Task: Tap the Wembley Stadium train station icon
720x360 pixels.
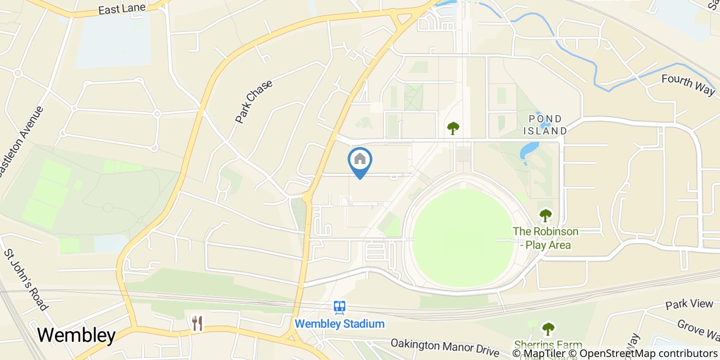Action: [x=339, y=308]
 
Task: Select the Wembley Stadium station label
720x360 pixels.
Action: [x=339, y=324]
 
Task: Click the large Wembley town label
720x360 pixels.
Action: [x=76, y=335]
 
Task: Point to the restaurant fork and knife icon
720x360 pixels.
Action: [x=197, y=323]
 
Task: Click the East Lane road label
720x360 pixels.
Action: [x=122, y=9]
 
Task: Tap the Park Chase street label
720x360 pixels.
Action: [x=254, y=101]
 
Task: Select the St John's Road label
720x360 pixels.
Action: [x=26, y=280]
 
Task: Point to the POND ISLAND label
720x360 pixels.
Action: [x=545, y=125]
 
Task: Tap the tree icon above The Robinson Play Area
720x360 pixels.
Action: [x=545, y=215]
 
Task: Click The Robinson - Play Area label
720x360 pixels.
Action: [x=545, y=238]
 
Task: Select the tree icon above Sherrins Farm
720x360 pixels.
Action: [x=548, y=328]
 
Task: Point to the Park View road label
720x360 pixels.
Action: [x=689, y=304]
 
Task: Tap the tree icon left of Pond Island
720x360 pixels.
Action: [x=453, y=128]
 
